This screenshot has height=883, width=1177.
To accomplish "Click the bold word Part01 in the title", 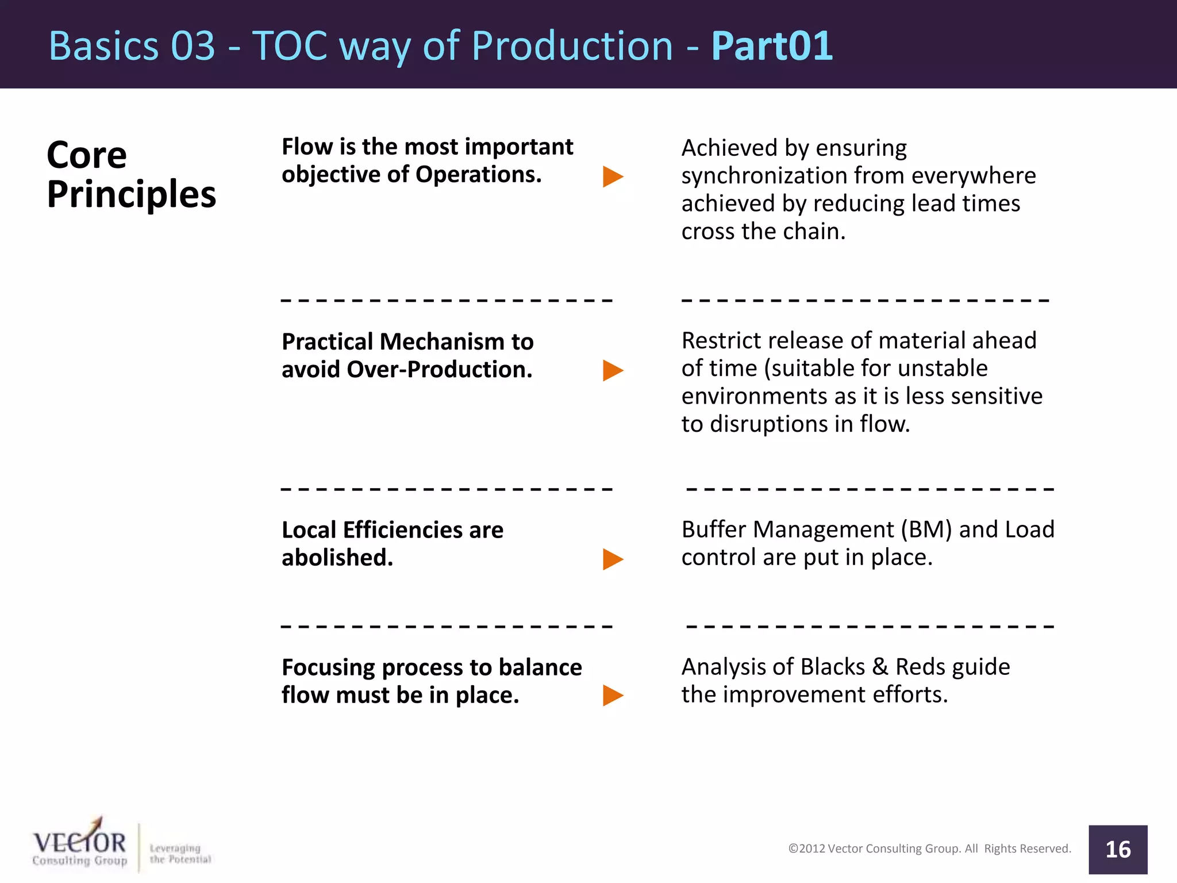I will pos(771,46).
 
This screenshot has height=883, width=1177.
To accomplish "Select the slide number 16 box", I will pos(1117,849).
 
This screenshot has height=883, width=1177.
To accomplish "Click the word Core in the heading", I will pos(86,155).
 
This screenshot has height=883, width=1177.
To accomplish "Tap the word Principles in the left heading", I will pos(131,194).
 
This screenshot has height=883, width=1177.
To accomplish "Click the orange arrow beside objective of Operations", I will pos(613,176).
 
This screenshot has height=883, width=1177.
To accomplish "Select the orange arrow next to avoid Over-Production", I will pos(613,371).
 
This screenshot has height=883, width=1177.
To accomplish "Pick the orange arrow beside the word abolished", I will pos(613,559).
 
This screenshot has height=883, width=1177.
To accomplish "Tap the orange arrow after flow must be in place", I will pos(613,696).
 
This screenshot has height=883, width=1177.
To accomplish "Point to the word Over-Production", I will pos(440,370).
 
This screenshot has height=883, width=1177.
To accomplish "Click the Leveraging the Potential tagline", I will pos(180,854).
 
